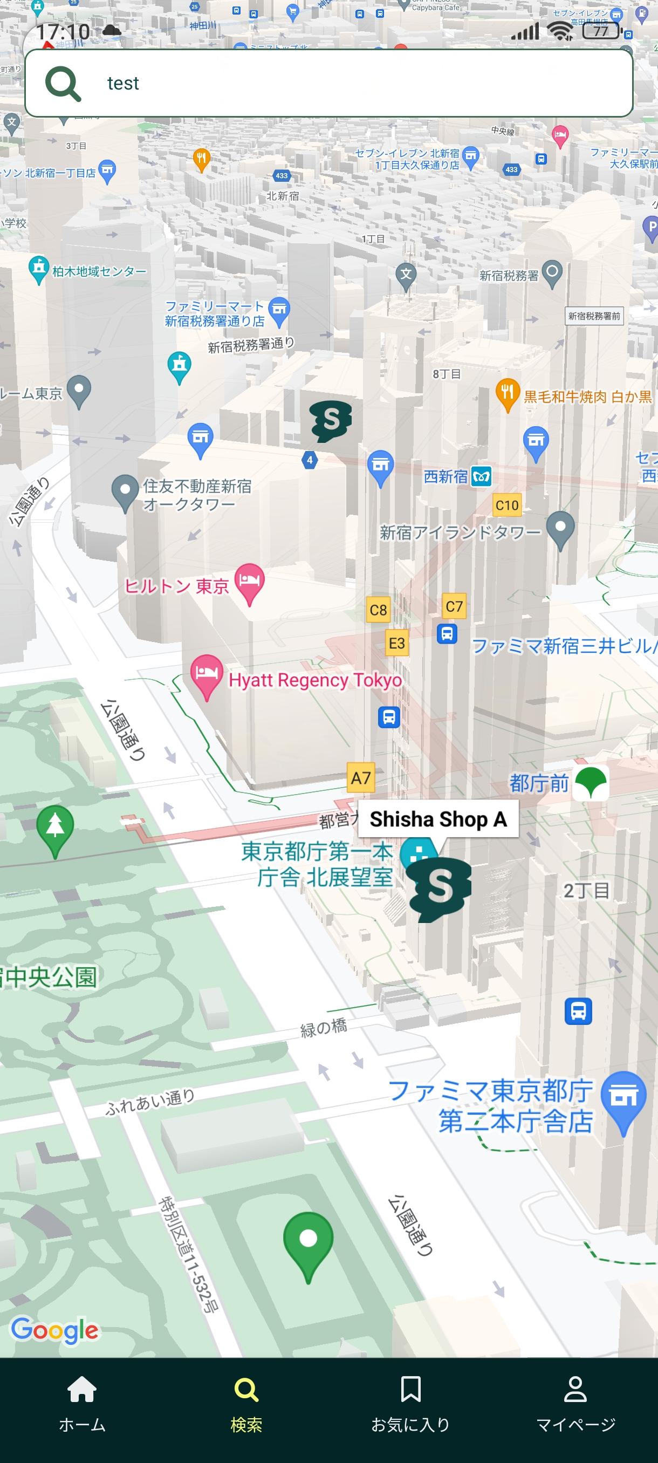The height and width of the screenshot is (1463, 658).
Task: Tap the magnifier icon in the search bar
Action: pyautogui.click(x=63, y=84)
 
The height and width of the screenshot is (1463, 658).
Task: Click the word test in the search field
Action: pyautogui.click(x=122, y=84)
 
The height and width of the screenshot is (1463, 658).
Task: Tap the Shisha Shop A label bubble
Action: pyautogui.click(x=438, y=819)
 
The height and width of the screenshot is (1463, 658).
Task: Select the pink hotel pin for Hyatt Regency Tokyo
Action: pyautogui.click(x=206, y=675)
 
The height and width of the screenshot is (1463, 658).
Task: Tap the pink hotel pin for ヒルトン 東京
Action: pyautogui.click(x=250, y=582)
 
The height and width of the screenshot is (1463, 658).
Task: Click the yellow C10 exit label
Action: pyautogui.click(x=506, y=505)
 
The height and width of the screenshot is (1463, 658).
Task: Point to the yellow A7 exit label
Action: pyautogui.click(x=360, y=777)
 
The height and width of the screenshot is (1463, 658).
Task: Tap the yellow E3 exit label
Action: pyautogui.click(x=396, y=643)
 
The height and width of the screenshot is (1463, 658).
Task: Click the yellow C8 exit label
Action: pyautogui.click(x=378, y=610)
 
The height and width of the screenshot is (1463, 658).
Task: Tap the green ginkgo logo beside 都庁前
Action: pyautogui.click(x=591, y=783)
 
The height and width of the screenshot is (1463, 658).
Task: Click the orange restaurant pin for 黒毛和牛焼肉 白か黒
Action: pyautogui.click(x=508, y=393)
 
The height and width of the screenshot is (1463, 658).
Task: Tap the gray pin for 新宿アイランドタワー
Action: pyautogui.click(x=560, y=528)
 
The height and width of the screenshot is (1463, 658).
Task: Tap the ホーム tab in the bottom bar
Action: pyautogui.click(x=82, y=1403)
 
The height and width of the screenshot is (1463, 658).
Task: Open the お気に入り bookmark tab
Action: pyautogui.click(x=410, y=1403)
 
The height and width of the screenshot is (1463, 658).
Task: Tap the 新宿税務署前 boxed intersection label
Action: pyautogui.click(x=594, y=316)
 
